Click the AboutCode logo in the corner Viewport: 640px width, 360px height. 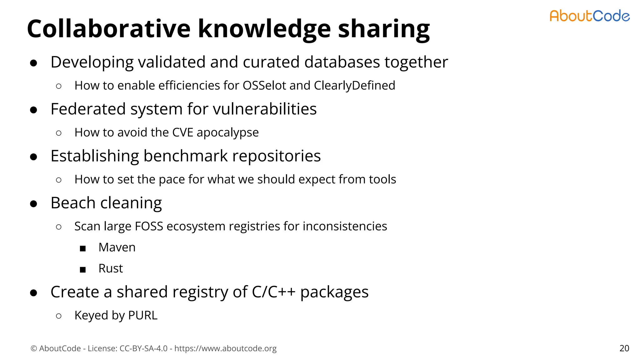[x=589, y=16]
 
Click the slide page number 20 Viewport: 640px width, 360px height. [x=624, y=348]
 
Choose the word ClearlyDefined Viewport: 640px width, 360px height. [x=354, y=85]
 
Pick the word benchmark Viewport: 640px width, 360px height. [x=186, y=156]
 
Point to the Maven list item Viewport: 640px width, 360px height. [x=117, y=247]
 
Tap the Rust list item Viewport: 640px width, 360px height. [x=111, y=268]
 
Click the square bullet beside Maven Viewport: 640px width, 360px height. [x=82, y=248]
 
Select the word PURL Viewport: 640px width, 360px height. [x=143, y=315]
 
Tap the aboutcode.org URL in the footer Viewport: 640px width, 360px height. [x=225, y=348]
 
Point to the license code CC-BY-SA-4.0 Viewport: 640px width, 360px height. [x=143, y=348]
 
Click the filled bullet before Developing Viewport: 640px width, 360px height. [x=33, y=63]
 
